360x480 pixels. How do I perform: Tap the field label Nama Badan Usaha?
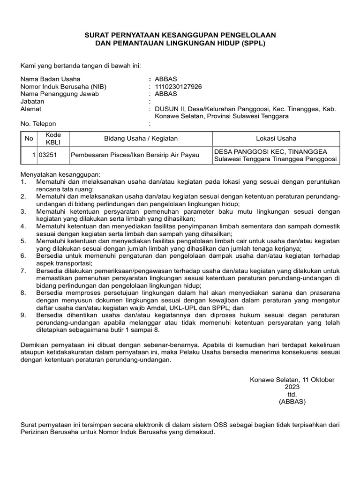click(50, 79)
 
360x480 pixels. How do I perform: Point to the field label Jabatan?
click(32, 101)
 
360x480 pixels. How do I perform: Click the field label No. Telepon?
click(38, 124)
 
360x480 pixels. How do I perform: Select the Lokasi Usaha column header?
click(276, 138)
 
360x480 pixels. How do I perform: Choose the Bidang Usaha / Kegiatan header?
click(141, 138)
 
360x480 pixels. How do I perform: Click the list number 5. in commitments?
click(24, 241)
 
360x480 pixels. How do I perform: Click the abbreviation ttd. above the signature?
click(292, 395)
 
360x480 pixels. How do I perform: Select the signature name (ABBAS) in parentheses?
click(292, 402)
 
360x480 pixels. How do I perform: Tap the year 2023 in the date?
click(292, 387)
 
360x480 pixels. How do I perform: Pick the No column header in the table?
click(29, 138)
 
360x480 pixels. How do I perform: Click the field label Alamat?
click(30, 109)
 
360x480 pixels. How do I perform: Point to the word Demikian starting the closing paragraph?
click(36, 345)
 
